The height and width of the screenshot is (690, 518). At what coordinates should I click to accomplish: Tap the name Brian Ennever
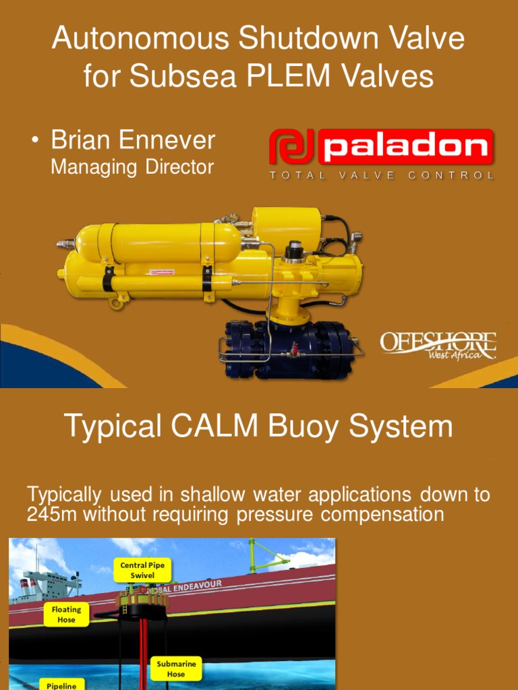133,140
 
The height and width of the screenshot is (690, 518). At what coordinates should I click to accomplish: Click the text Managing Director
132,166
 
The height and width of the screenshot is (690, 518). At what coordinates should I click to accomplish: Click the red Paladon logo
381,148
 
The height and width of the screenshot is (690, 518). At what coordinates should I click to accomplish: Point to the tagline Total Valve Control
381,175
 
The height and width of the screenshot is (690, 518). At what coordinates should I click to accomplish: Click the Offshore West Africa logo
438,345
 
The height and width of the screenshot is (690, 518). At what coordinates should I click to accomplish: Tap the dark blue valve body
290,347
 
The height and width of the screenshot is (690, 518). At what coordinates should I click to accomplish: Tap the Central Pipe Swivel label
142,570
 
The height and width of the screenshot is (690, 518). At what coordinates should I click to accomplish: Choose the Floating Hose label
66,614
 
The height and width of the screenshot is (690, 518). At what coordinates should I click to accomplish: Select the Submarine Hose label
176,668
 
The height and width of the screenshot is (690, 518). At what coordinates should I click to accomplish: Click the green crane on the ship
266,556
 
